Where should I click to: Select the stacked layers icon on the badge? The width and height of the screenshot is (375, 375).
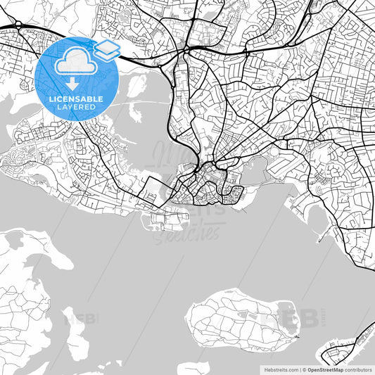(106, 49)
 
